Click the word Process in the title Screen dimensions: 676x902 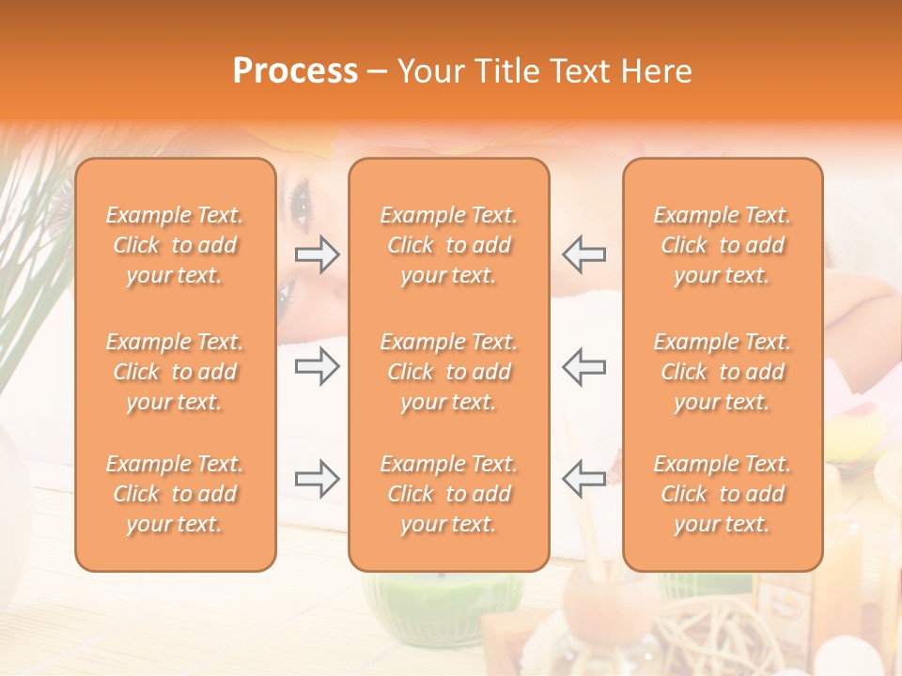pyautogui.click(x=295, y=71)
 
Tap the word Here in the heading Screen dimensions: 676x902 pyautogui.click(x=654, y=71)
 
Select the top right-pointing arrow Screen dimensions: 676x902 pyautogui.click(x=318, y=253)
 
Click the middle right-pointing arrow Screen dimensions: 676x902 pyautogui.click(x=318, y=366)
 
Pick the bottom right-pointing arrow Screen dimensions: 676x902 pyautogui.click(x=318, y=479)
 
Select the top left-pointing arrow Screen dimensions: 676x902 pyautogui.click(x=583, y=253)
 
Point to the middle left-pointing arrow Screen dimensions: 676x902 pyautogui.click(x=583, y=366)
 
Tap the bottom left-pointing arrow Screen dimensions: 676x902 pyautogui.click(x=583, y=479)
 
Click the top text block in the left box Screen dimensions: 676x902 pyautogui.click(x=175, y=245)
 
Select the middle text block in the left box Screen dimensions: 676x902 pyautogui.click(x=175, y=372)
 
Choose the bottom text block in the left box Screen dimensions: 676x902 pyautogui.click(x=175, y=494)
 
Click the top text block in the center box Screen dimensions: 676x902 pyautogui.click(x=448, y=245)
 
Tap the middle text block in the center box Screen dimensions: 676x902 pyautogui.click(x=448, y=372)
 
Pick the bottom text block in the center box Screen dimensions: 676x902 pyautogui.click(x=448, y=494)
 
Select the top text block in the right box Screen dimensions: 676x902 pyautogui.click(x=723, y=245)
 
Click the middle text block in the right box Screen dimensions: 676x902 pyautogui.click(x=723, y=372)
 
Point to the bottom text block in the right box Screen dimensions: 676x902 pyautogui.click(x=723, y=494)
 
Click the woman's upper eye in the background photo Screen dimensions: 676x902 pyautogui.click(x=301, y=198)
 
